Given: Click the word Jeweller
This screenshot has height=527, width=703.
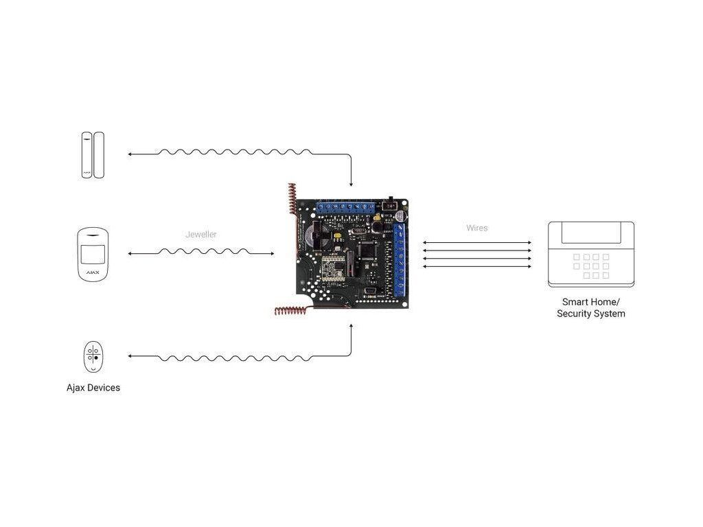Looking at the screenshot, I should (x=201, y=235).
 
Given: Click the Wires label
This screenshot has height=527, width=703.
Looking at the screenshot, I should (x=476, y=228).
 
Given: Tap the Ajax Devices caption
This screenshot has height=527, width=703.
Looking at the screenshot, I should (x=93, y=388).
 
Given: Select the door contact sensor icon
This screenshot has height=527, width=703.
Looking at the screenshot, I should (x=92, y=155).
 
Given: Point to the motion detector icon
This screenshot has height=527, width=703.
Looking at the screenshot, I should (x=92, y=255).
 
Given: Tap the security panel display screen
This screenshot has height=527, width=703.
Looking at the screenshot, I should (x=590, y=234).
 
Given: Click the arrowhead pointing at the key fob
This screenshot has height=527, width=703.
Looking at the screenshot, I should (x=130, y=357).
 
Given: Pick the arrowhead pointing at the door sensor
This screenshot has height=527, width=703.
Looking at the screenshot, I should (x=130, y=155).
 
